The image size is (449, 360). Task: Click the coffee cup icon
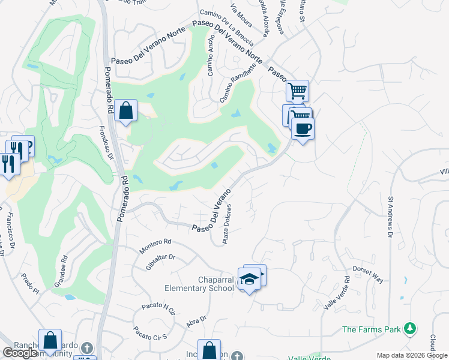coord(303,128)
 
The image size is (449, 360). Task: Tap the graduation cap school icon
coord(249,279)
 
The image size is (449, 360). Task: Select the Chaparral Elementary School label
coord(216,284)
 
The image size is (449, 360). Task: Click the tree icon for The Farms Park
coord(410,328)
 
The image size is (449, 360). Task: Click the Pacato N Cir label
coord(158,308)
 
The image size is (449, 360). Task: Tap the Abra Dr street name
coord(196,321)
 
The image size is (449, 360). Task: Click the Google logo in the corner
coord(20,353)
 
